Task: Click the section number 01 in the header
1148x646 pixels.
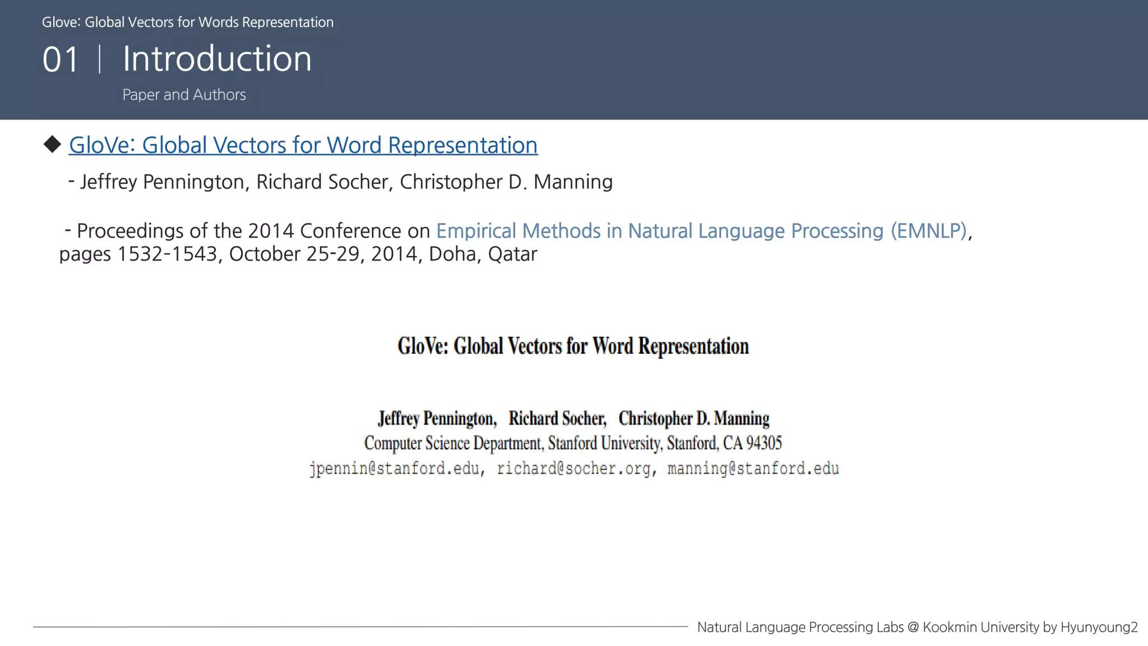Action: [61, 59]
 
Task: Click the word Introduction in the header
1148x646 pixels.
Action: [217, 58]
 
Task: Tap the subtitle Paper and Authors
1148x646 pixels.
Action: [184, 95]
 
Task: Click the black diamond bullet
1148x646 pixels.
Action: [52, 144]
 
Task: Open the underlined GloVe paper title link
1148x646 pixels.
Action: [303, 145]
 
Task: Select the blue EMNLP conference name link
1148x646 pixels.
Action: [701, 231]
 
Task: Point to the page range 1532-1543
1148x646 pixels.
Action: [166, 254]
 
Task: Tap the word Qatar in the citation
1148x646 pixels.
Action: [512, 254]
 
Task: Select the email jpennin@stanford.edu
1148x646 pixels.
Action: [394, 469]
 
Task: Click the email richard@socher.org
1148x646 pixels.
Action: [573, 469]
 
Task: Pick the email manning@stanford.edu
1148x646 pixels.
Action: [753, 469]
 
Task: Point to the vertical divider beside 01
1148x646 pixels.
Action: [100, 59]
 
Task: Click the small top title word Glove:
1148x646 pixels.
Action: [61, 22]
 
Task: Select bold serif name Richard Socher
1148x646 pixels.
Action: [557, 419]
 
